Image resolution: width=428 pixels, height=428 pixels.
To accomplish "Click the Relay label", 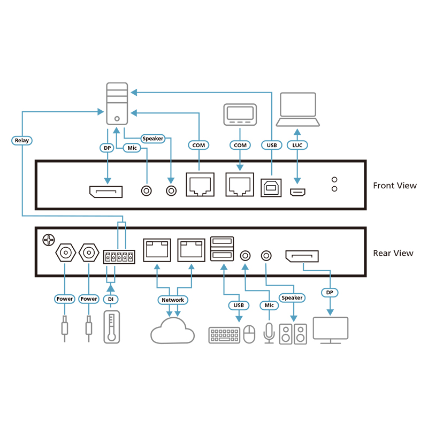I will coord(22,141).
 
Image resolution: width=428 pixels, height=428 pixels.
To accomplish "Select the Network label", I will coord(173,300).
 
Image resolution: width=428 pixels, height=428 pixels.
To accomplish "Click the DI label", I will coord(111,299).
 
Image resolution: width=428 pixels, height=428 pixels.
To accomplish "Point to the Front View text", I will coord(394,186).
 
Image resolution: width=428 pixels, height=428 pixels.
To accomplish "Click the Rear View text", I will coord(393,253).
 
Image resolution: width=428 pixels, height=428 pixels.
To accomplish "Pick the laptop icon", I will coord(298,110).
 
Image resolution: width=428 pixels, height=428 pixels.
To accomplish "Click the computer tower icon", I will coord(117,104).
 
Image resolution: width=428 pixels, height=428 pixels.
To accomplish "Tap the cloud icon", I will coord(172,331).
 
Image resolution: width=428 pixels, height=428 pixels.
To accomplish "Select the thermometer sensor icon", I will coord(111,326).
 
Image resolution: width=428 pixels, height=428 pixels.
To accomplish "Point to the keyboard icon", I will coord(224,335).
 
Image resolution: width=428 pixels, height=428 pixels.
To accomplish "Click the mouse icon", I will coord(249,335).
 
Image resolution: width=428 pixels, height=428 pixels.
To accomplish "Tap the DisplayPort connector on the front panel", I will coord(105,191).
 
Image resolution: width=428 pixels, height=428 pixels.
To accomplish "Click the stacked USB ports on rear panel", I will coord(222,248).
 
